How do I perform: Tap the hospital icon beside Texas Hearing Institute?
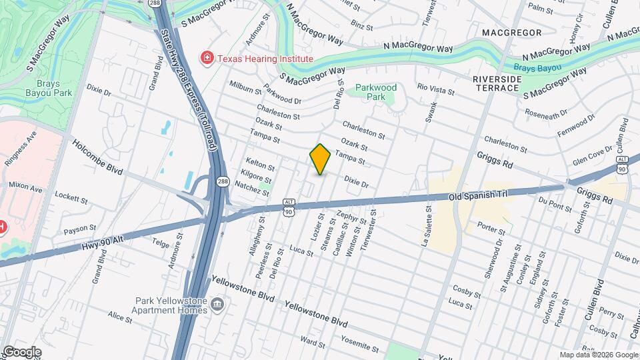(x=207, y=59)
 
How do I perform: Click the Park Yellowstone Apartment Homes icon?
(x=217, y=305)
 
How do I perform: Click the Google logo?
(x=21, y=352)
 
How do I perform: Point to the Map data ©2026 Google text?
(x=598, y=355)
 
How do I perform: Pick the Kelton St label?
(x=260, y=164)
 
